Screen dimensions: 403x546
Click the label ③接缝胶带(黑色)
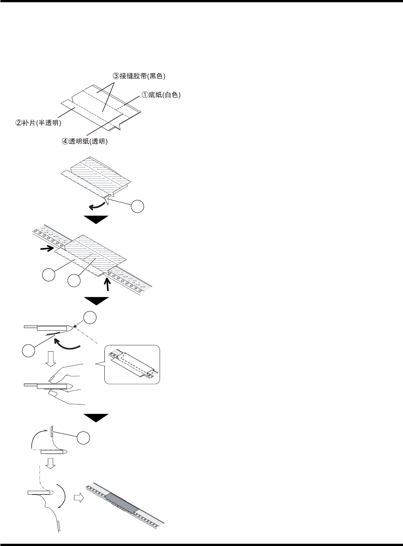coord(139,76)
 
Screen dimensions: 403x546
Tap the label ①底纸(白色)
coord(160,95)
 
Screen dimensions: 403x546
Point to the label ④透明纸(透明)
coord(84,142)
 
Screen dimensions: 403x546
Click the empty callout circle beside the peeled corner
coord(137,206)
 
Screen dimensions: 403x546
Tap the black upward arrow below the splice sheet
coord(108,286)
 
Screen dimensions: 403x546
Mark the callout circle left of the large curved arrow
coord(27,351)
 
